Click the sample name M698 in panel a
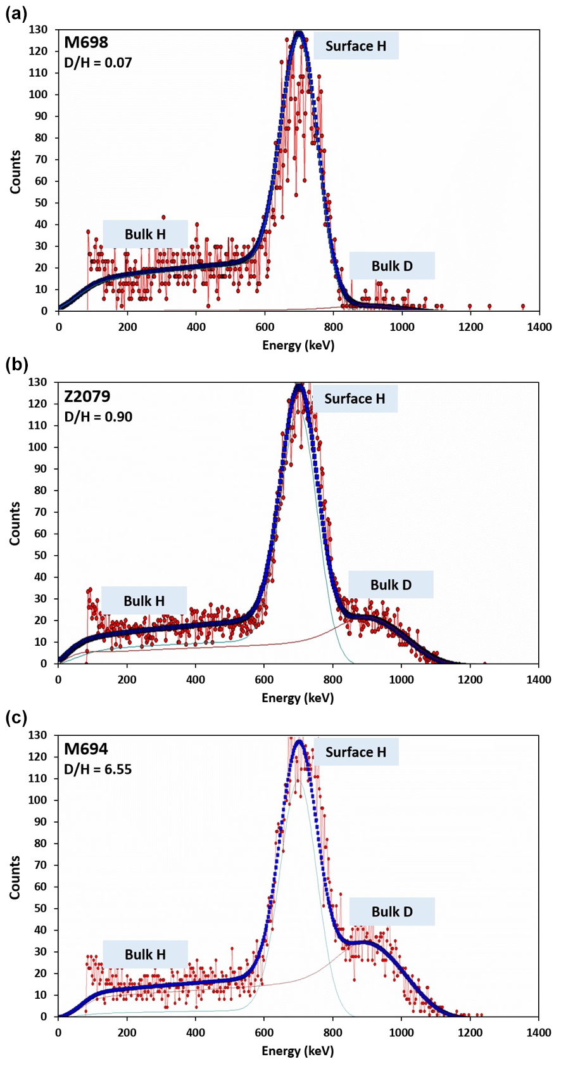86,43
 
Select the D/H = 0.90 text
98,416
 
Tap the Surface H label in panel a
356,46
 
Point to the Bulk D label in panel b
391,585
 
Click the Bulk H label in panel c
145,954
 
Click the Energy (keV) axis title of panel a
298,345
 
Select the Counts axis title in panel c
15,877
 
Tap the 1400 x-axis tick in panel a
539,327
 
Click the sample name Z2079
87,397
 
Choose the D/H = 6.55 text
98,770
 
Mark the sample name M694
86,750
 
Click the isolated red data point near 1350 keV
522,306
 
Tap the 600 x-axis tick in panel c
264,1033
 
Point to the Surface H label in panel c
356,752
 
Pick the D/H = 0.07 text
98,63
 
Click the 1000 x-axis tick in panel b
401,679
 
